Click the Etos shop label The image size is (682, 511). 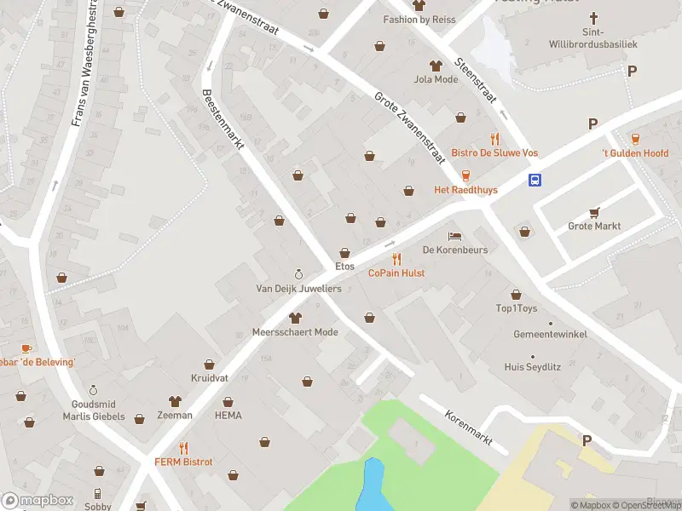(344, 267)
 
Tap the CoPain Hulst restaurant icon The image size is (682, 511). (396, 259)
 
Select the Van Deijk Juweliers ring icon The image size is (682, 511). (298, 274)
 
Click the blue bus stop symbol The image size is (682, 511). (535, 180)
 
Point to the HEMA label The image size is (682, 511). (228, 416)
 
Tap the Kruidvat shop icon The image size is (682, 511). (209, 363)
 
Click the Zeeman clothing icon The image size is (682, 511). (175, 400)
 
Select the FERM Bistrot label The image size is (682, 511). (183, 462)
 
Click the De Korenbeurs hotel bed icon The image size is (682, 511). (454, 236)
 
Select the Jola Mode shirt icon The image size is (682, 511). (436, 66)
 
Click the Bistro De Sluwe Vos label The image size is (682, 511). (494, 153)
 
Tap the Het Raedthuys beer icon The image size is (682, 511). (465, 175)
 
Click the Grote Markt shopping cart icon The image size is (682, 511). (594, 212)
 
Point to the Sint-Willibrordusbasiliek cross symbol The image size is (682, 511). (595, 19)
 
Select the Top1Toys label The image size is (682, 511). (517, 308)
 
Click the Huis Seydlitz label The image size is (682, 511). (533, 367)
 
